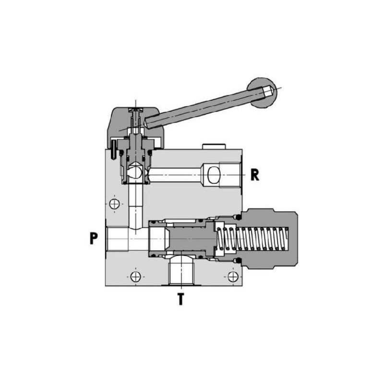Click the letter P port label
pyautogui.click(x=94, y=238)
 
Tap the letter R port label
pyautogui.click(x=255, y=175)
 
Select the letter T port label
pyautogui.click(x=181, y=299)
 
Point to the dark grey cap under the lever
pyautogui.click(x=135, y=127)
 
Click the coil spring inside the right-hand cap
pyautogui.click(x=252, y=239)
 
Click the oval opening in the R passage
pyautogui.click(x=214, y=175)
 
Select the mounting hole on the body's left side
pyautogui.click(x=114, y=204)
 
